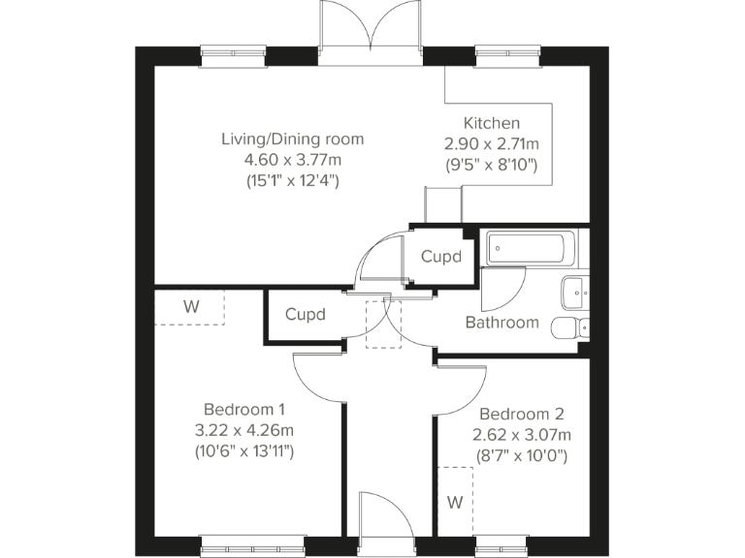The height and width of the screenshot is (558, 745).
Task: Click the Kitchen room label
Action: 491,123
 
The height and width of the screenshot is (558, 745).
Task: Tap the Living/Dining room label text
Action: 293,139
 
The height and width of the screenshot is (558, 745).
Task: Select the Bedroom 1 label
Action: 244,409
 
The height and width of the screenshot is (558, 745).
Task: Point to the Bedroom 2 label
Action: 522,415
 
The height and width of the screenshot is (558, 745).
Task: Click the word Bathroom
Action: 502,323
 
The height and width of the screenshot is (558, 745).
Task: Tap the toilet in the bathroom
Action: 570,327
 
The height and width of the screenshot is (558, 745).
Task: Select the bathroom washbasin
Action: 575,293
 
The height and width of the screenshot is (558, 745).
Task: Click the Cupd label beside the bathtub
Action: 441,257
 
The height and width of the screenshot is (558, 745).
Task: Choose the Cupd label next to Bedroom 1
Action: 305,315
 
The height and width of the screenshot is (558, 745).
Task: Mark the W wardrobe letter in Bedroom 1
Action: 191,307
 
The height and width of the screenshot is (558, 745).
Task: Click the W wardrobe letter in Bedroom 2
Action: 455,502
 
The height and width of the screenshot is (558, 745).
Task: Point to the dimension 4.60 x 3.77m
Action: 293,160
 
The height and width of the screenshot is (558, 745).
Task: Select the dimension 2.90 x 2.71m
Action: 491,143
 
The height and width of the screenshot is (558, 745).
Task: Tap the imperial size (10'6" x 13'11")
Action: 244,450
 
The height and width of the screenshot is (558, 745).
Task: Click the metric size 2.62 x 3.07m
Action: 522,435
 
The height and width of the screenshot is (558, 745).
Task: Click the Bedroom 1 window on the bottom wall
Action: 252,545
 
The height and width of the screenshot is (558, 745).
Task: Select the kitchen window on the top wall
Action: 508,55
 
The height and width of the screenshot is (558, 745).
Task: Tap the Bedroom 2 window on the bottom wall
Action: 502,545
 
